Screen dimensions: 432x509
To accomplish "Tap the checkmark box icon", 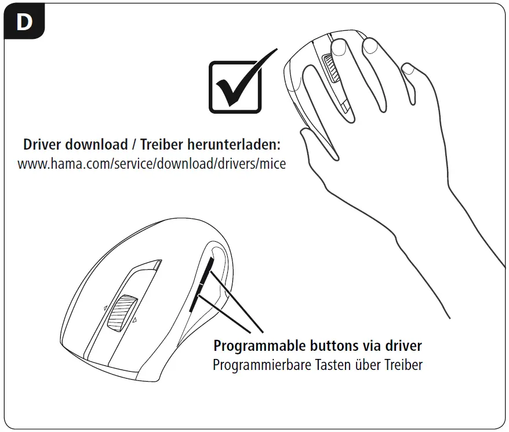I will (x=234, y=87).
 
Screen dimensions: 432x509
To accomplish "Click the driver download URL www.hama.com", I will (x=151, y=164).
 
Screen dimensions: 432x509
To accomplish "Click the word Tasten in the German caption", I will (x=336, y=365).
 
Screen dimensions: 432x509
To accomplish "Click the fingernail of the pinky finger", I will (x=408, y=70).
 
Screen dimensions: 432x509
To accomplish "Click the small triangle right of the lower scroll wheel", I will (x=134, y=320).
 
